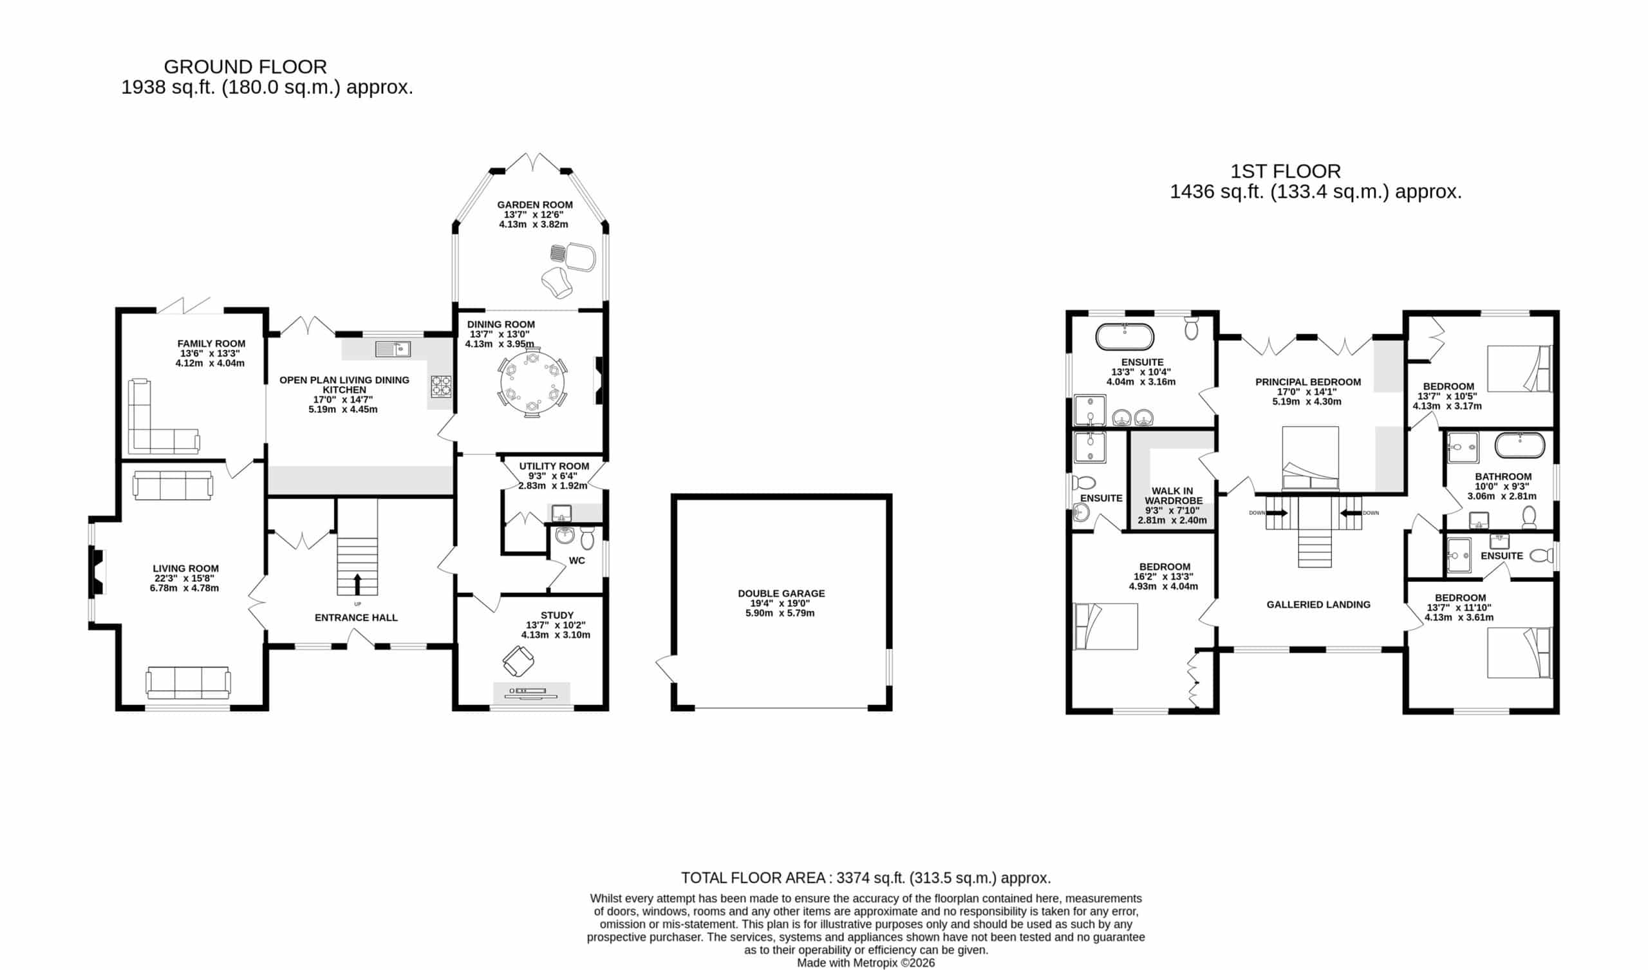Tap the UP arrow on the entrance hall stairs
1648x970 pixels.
[x=357, y=584]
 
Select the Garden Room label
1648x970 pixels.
[x=534, y=205]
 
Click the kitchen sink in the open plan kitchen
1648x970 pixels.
[x=393, y=350]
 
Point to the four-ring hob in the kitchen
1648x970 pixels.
[x=442, y=386]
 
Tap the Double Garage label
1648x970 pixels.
[x=782, y=593]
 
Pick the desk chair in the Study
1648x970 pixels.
[x=519, y=661]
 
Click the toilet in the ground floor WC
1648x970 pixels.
[x=587, y=539]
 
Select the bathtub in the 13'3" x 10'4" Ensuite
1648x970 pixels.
[x=1125, y=337]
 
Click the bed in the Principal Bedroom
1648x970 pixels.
[x=1310, y=458]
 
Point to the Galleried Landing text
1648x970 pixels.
[x=1318, y=604]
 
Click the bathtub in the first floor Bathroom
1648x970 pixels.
[x=1520, y=446]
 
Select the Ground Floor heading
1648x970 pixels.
[x=245, y=67]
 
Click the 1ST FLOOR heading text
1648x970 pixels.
[x=1286, y=171]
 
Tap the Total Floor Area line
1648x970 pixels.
[x=866, y=878]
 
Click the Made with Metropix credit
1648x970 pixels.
[x=866, y=963]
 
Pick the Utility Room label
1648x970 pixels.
[x=554, y=467]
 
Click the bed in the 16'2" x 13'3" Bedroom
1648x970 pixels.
[x=1106, y=626]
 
